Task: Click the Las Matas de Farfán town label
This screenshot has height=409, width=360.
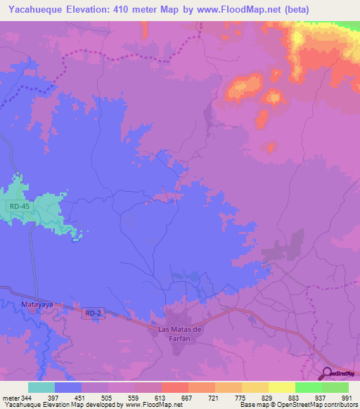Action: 177,333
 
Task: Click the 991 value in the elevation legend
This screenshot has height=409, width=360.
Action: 345,398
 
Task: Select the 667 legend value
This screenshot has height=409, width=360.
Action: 186,398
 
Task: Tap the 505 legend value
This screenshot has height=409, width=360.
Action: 105,398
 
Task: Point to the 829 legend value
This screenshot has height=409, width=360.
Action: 266,398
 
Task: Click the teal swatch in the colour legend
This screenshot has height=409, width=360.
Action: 41,387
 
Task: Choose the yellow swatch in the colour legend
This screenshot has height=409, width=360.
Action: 281,387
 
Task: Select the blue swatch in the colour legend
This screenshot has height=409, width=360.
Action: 67,387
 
